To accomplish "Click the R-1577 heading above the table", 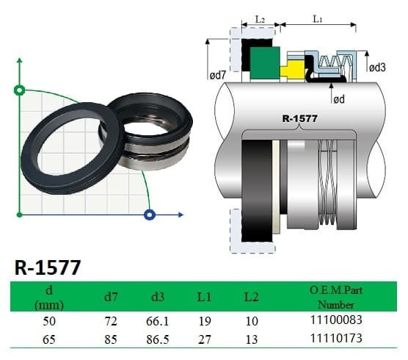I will (x=47, y=267).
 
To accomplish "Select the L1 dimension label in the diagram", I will (x=316, y=18).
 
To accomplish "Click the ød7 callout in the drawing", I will (x=222, y=73).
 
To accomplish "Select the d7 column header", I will (x=109, y=298).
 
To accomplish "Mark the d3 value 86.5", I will (x=159, y=337).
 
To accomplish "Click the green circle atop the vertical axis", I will (x=19, y=91).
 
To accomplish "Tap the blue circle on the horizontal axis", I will (x=150, y=215).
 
